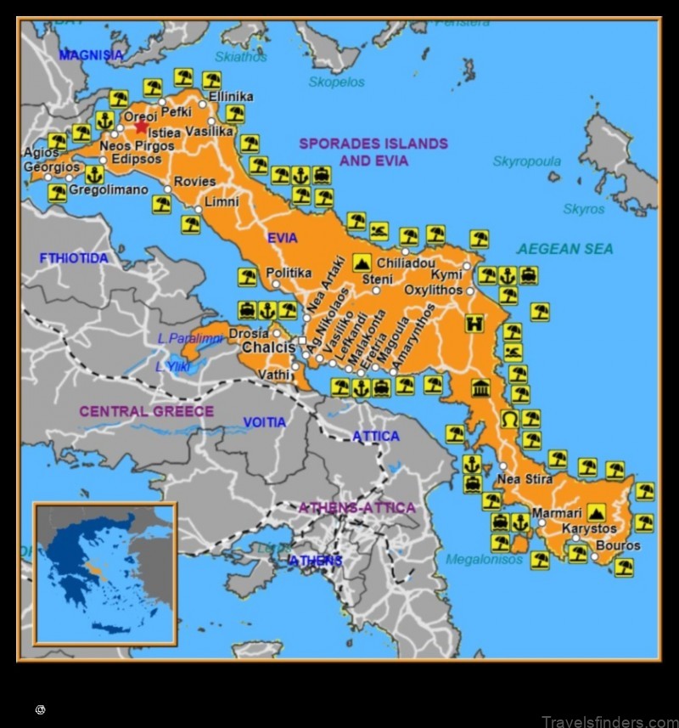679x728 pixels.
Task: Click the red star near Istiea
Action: (141, 127)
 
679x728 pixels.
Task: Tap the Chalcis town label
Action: (269, 348)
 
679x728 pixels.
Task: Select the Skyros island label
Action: (584, 208)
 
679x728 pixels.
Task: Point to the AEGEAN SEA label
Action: (565, 249)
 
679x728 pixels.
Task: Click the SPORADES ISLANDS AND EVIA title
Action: (373, 152)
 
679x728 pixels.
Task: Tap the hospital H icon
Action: (474, 323)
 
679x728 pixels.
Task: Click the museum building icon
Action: (480, 387)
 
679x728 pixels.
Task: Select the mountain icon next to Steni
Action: (362, 262)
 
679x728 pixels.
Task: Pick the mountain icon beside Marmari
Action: (596, 512)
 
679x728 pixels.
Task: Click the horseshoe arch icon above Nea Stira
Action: (509, 419)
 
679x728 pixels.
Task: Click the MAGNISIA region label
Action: (91, 55)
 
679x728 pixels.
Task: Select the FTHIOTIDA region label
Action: (74, 257)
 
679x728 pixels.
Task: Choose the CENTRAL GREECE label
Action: (147, 411)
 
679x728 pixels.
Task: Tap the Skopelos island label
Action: (336, 82)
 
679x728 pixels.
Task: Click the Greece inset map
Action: (104, 573)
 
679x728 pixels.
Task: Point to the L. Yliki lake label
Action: (172, 366)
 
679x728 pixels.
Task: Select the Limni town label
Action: (222, 202)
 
